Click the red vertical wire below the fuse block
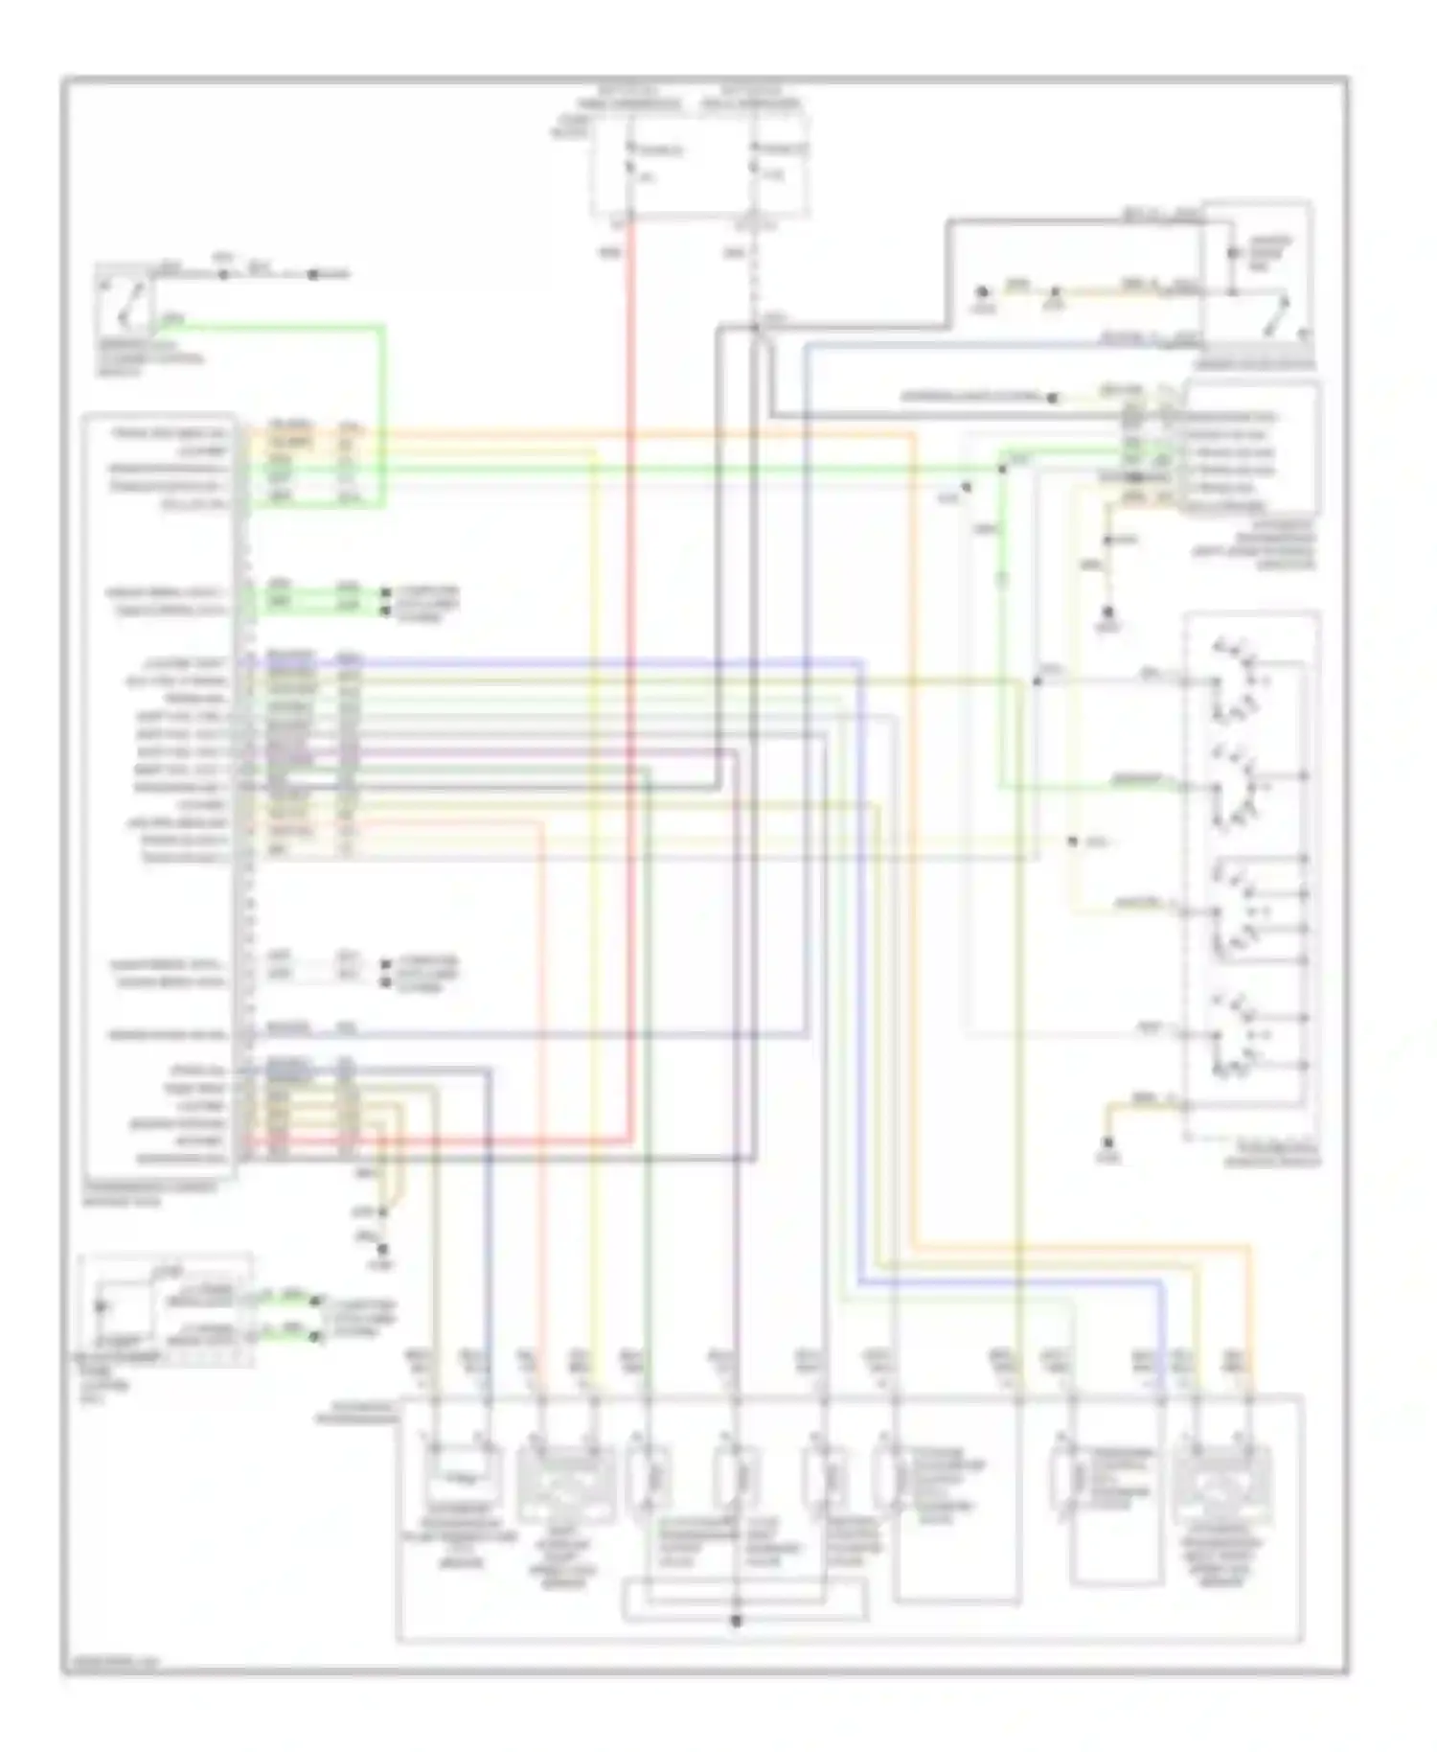click(x=631, y=671)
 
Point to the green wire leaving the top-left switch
click(x=287, y=327)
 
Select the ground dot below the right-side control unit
click(x=1108, y=611)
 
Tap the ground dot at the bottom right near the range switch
click(x=1108, y=1143)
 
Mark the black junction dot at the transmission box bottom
click(x=736, y=1621)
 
